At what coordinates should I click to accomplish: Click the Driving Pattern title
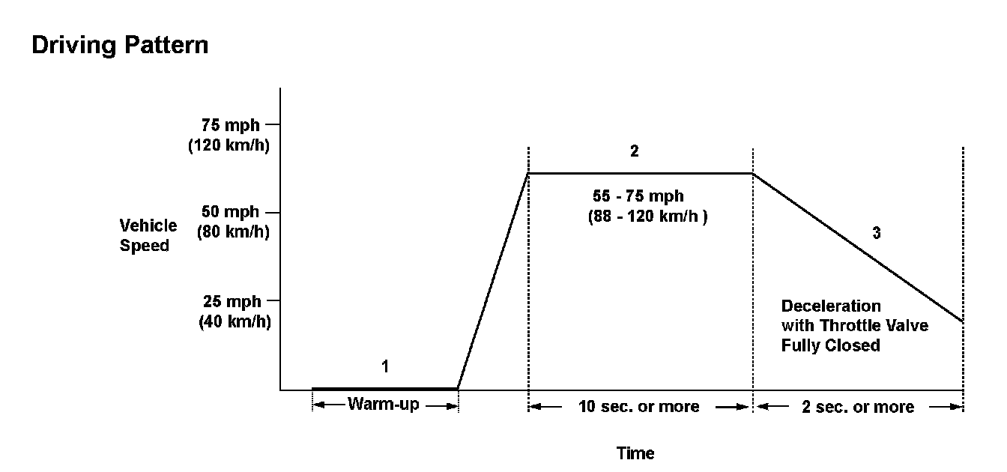point(120,46)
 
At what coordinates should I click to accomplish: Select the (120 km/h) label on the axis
point(228,145)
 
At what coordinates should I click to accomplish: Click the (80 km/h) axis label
point(232,232)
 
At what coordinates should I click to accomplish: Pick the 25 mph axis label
point(232,301)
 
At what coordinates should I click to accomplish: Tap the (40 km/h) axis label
point(234,321)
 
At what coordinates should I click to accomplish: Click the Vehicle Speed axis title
point(148,235)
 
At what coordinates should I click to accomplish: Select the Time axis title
point(635,453)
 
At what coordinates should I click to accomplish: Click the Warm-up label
point(384,405)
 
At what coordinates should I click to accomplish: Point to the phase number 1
point(385,367)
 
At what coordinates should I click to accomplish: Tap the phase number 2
point(635,152)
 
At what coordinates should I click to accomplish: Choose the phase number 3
point(877,233)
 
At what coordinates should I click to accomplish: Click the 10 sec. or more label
point(639,407)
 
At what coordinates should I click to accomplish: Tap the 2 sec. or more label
point(859,407)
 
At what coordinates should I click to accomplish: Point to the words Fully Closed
point(830,346)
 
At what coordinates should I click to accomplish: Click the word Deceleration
point(831,306)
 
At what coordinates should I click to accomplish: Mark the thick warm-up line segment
point(384,389)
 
